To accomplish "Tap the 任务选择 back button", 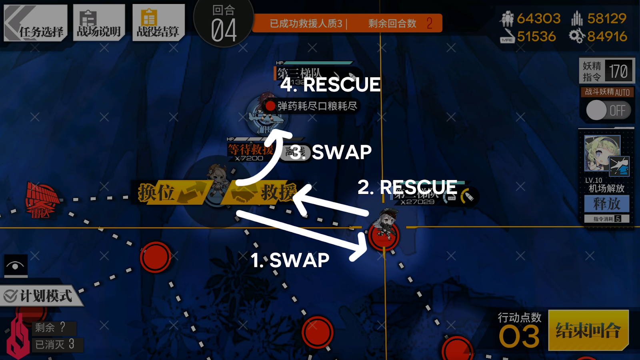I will pyautogui.click(x=36, y=23).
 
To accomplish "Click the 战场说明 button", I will pyautogui.click(x=99, y=23).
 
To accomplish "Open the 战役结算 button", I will pyautogui.click(x=158, y=23).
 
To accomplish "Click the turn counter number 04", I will pyautogui.click(x=224, y=30).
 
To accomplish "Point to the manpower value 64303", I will pyautogui.click(x=538, y=18).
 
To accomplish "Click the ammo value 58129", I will pyautogui.click(x=606, y=18).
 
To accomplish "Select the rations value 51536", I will pyautogui.click(x=536, y=37).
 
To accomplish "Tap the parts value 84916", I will pyautogui.click(x=607, y=37).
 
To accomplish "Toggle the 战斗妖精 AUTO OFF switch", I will pyautogui.click(x=608, y=110).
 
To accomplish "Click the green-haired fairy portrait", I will pyautogui.click(x=602, y=153).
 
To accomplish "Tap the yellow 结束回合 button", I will pyautogui.click(x=588, y=330).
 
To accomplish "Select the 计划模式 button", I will pyautogui.click(x=40, y=296).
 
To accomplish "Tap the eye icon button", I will pyautogui.click(x=16, y=266).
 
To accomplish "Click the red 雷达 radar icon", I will pyautogui.click(x=41, y=199).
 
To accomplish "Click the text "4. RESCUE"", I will pyautogui.click(x=330, y=85).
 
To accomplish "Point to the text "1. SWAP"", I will pyautogui.click(x=290, y=260).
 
